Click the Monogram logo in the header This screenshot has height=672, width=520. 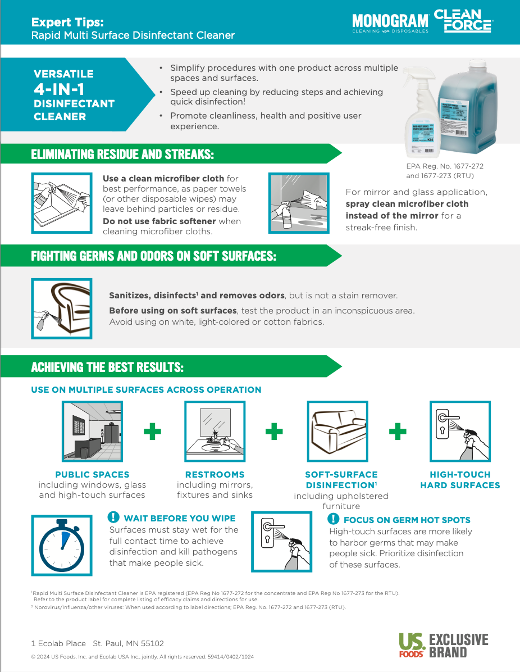click(390, 22)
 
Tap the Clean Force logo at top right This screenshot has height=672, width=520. click(463, 21)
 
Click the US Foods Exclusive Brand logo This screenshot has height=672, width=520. click(443, 646)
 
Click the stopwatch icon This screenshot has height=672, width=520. click(61, 542)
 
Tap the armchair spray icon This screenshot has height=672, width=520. click(61, 309)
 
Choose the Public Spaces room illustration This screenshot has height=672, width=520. click(92, 432)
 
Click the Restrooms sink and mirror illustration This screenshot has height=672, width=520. click(215, 432)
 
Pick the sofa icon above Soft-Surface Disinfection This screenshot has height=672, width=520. click(337, 432)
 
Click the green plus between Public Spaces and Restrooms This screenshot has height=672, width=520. click(152, 432)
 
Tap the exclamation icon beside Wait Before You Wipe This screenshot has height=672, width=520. click(113, 517)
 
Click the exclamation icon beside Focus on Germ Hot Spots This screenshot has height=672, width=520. click(334, 519)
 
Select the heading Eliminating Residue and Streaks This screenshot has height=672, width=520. click(122, 154)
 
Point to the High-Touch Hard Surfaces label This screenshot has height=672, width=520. click(460, 480)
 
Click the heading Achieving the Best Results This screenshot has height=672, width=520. click(107, 367)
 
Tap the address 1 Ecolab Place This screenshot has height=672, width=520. click(58, 643)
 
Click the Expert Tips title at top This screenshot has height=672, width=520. click(67, 22)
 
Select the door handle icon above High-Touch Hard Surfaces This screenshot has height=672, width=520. click(460, 432)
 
